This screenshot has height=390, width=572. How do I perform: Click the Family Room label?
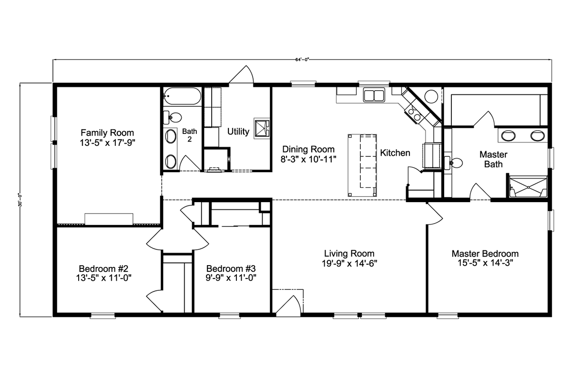107,133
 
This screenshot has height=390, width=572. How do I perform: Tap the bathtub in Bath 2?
182,96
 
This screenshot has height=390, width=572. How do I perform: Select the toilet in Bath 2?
173,117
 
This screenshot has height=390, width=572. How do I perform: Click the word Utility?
238,132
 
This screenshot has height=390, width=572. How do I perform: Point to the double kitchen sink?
374,95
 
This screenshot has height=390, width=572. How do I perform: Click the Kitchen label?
395,153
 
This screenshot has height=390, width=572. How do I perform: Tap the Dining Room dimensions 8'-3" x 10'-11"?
308,159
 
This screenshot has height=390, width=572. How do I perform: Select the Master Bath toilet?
453,163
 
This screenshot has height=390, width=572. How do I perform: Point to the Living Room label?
349,254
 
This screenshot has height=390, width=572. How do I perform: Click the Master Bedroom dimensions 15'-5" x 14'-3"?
485,263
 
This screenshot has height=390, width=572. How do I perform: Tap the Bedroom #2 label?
103,269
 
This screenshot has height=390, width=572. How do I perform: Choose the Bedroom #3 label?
231,269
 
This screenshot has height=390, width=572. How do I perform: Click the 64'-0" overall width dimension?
302,60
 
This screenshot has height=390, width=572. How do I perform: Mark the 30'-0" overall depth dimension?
20,200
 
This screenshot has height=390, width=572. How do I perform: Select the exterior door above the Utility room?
241,74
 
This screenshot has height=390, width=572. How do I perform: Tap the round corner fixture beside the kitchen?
431,96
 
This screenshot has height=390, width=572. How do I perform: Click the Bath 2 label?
190,135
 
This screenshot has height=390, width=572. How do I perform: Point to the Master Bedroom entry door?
435,214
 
